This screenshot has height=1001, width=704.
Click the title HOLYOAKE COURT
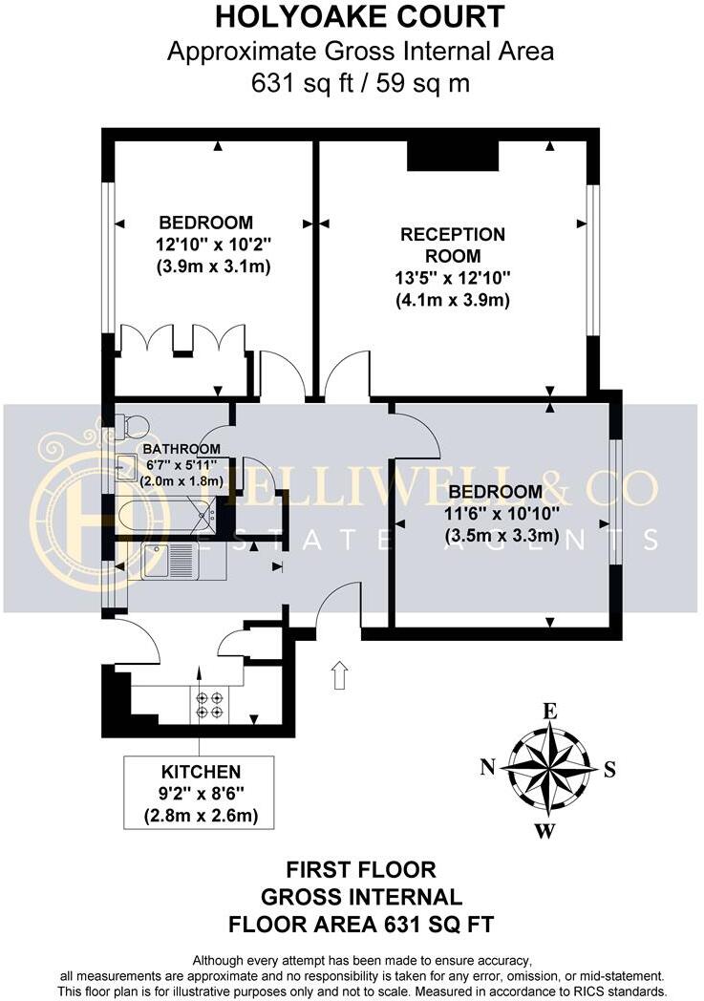359,16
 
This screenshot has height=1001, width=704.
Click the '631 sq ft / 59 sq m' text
359,83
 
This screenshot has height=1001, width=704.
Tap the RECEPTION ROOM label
453,245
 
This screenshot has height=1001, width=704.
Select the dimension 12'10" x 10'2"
206,245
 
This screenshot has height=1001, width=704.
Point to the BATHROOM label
181,449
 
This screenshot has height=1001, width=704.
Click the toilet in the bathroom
132,423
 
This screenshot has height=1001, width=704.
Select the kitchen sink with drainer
169,561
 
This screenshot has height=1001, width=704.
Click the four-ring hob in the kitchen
209,705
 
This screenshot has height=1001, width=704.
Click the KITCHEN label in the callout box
200,772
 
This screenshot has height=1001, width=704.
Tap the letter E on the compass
549,711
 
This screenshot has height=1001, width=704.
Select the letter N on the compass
487,766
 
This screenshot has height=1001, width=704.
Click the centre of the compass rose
546,769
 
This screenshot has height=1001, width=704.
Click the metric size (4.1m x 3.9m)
453,300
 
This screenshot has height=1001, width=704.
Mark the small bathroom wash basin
124,469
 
